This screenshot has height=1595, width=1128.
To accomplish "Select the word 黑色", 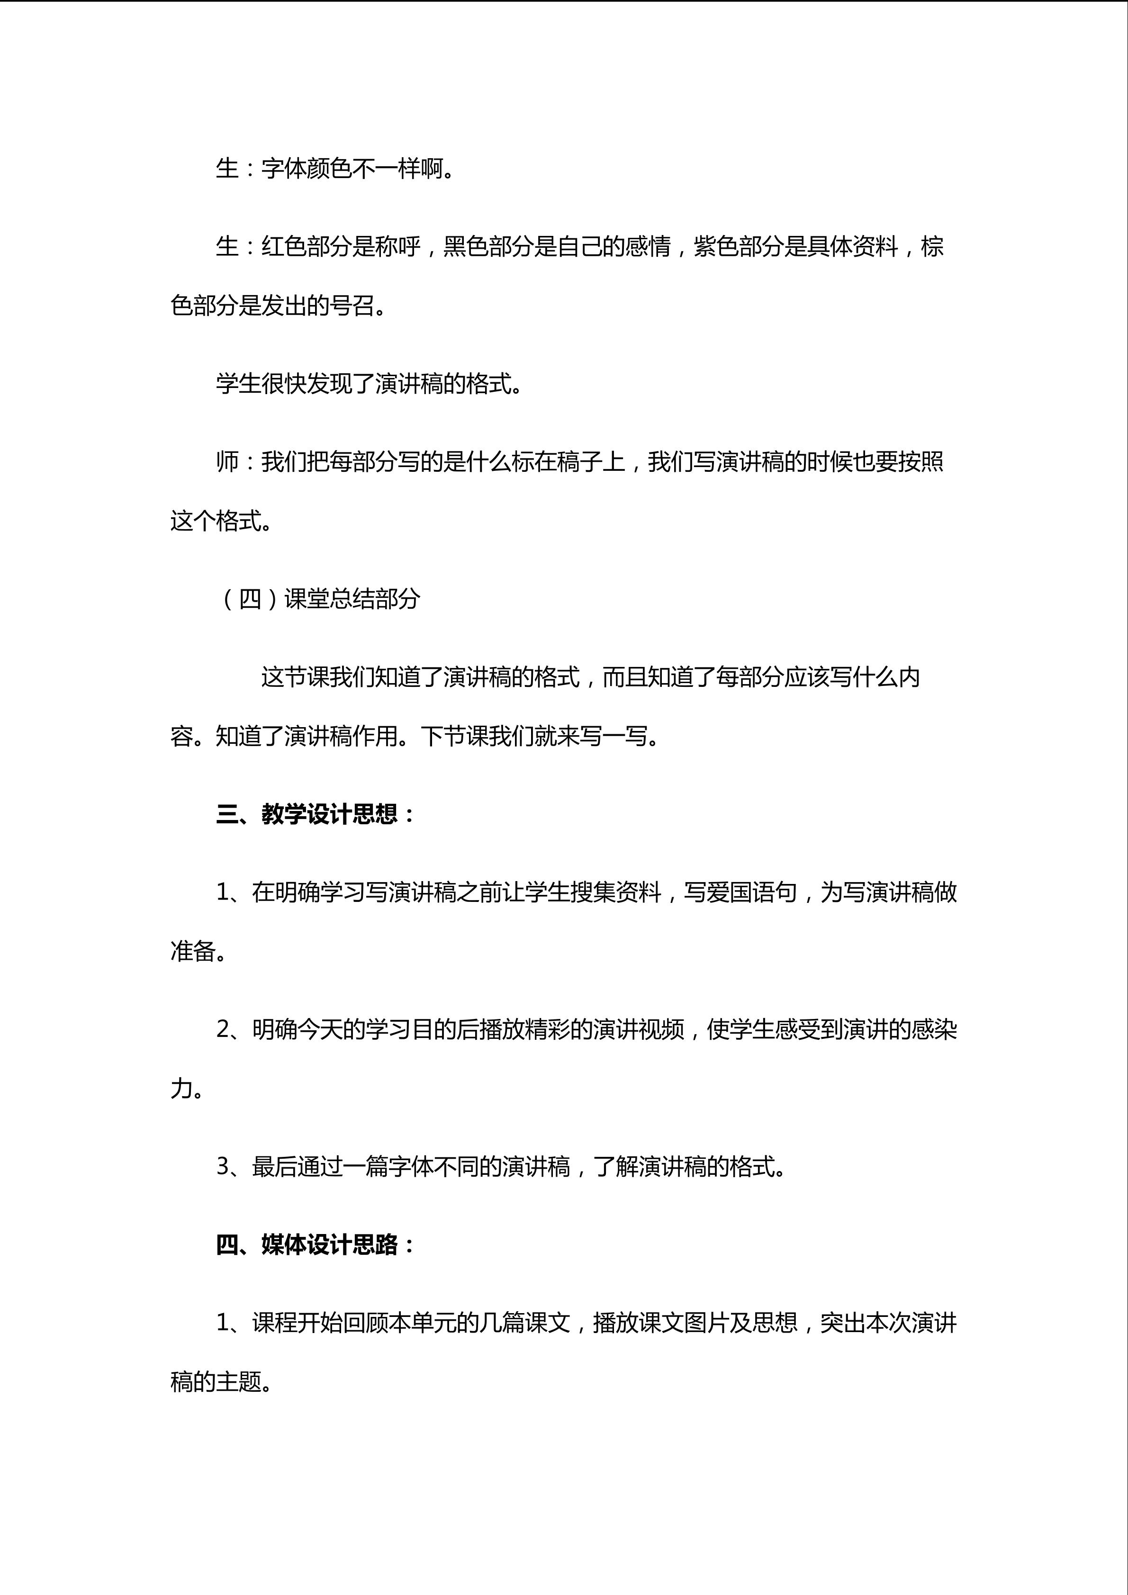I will [465, 246].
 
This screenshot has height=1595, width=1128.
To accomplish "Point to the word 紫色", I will [716, 246].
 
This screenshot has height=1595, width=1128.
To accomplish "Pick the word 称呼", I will [397, 246].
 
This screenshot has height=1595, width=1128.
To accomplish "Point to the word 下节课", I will [454, 736].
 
